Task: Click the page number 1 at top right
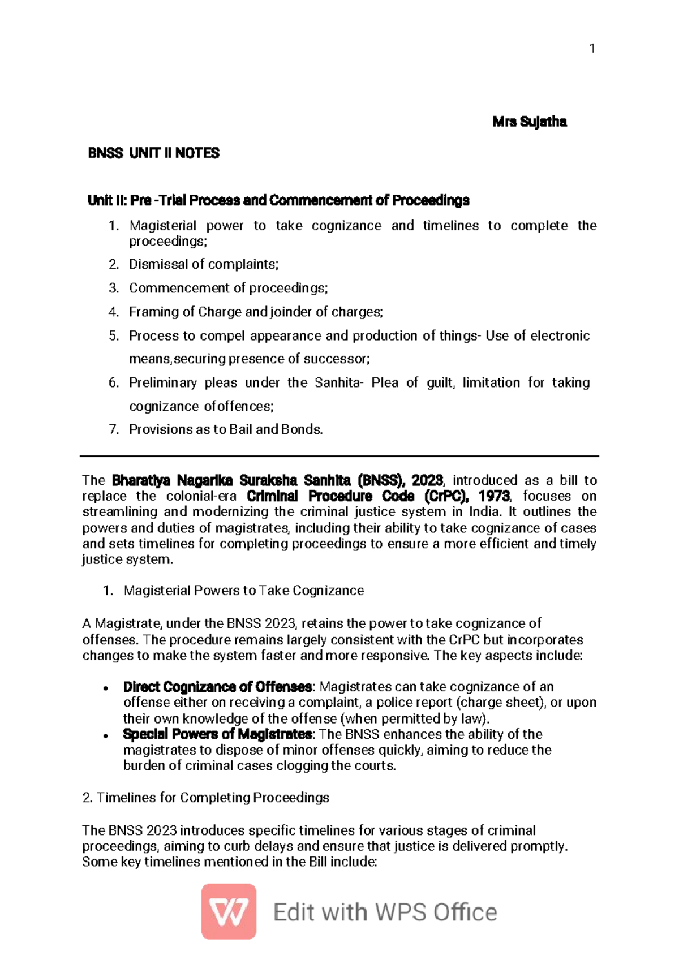592,49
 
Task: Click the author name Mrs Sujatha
529,122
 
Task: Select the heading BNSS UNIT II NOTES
153,153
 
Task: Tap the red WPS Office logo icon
229,911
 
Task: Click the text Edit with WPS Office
385,912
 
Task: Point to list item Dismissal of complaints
203,264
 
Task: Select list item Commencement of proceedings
228,288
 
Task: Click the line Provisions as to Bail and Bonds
226,429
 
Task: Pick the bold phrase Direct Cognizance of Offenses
217,687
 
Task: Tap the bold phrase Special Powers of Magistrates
217,734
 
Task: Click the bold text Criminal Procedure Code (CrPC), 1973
379,496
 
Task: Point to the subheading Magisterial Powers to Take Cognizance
243,591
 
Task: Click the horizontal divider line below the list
339,455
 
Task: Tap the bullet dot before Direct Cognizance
106,688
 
